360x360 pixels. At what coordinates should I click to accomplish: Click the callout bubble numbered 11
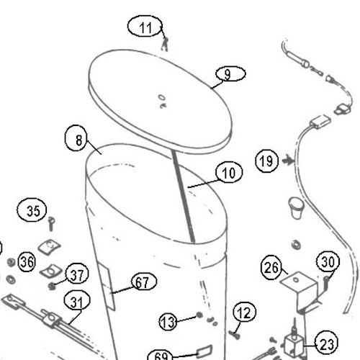click(x=145, y=26)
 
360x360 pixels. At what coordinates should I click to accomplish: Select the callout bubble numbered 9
click(x=230, y=74)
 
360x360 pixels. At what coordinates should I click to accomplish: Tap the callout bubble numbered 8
click(x=76, y=138)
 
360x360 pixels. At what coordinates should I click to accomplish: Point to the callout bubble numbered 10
click(x=229, y=172)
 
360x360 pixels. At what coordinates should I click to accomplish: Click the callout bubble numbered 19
click(x=266, y=161)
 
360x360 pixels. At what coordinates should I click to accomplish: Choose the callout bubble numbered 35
click(x=32, y=210)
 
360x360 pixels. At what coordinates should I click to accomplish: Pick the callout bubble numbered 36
click(x=27, y=261)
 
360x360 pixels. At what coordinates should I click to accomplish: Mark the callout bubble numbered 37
click(x=77, y=274)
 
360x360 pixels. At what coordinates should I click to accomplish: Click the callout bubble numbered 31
click(x=77, y=300)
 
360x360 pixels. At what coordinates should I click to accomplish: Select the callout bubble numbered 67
click(x=144, y=282)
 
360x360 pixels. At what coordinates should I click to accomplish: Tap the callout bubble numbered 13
click(x=168, y=322)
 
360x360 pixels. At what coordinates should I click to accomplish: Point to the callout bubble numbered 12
click(x=245, y=312)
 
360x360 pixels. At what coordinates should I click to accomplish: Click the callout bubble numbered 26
click(x=271, y=267)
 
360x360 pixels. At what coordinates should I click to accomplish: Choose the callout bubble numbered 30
click(x=328, y=261)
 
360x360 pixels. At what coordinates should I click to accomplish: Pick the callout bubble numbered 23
click(x=326, y=343)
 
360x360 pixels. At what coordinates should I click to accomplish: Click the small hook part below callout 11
click(x=165, y=44)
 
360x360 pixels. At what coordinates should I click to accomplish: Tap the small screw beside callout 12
click(x=235, y=334)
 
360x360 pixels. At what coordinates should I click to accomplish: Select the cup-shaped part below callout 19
click(x=297, y=207)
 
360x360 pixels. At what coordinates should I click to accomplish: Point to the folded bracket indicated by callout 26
click(x=301, y=290)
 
